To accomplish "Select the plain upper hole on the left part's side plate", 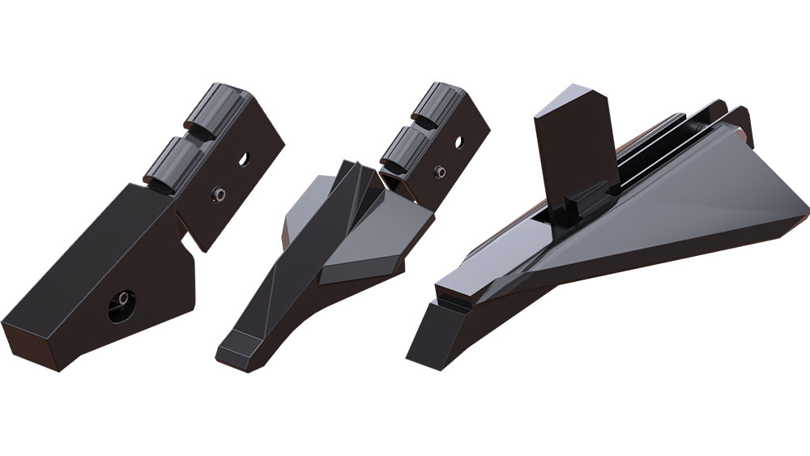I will [x=243, y=159].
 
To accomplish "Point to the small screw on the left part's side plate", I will [x=218, y=194].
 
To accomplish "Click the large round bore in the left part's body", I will [x=122, y=305].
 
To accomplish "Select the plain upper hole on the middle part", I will [x=458, y=142].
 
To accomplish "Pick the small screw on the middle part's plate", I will [x=439, y=172].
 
